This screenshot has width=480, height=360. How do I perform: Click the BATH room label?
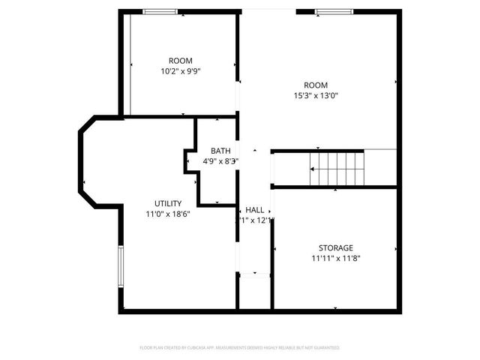click(x=220, y=151)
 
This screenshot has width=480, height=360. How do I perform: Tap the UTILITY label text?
click(x=167, y=203)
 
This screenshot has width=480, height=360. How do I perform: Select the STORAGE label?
click(x=335, y=247)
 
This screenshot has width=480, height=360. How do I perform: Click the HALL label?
click(x=254, y=209)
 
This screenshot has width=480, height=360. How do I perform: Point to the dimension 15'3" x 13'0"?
click(x=316, y=95)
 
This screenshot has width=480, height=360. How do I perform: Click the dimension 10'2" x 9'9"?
click(x=180, y=71)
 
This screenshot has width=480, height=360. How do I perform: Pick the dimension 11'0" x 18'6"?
click(x=167, y=214)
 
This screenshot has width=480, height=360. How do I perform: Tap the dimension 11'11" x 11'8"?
click(x=335, y=258)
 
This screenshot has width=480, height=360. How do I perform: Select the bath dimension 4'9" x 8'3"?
click(x=220, y=161)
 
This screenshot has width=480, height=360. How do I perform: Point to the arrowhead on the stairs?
click(x=313, y=170)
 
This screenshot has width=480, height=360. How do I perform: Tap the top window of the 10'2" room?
click(x=160, y=11)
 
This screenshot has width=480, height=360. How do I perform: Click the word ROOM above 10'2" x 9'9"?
click(x=180, y=61)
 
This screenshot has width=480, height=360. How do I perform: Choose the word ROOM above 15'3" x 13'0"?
click(x=316, y=85)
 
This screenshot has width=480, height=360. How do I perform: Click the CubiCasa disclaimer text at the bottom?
click(x=240, y=348)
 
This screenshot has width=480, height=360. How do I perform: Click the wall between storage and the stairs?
click(x=334, y=187)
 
